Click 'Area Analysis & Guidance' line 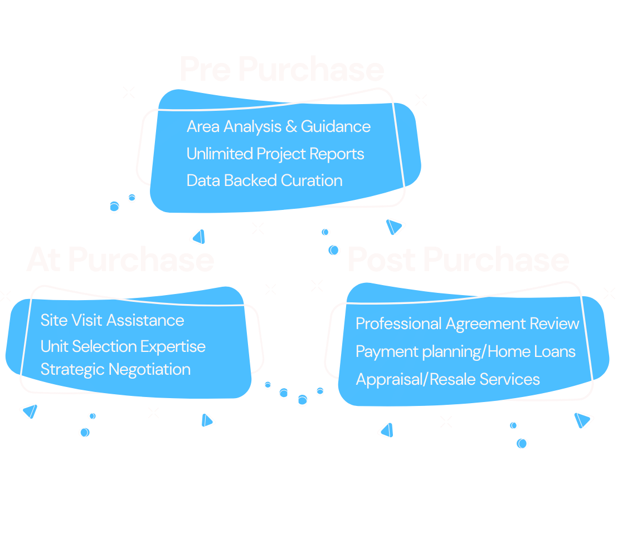278,126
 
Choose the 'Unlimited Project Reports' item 275,154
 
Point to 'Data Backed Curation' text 264,180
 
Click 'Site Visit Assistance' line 112,320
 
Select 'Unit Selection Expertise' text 123,346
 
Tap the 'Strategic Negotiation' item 115,369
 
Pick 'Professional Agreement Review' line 467,324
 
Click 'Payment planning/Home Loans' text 465,351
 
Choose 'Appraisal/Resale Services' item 448,379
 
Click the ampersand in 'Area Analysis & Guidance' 291,127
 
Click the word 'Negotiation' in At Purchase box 149,369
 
